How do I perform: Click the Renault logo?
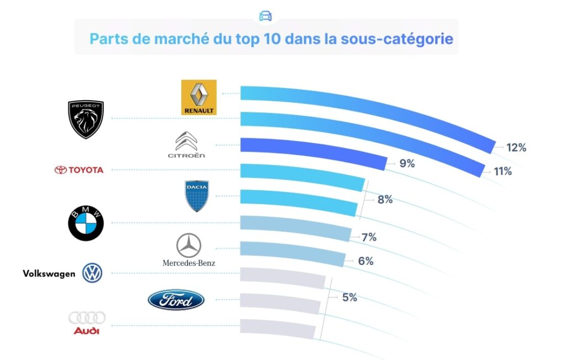pos(199,97)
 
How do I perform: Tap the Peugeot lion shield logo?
pos(86,119)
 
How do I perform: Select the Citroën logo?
pos(187,145)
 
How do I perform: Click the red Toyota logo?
pos(79,170)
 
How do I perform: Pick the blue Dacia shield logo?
pos(196,196)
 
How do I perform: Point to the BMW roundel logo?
pos(86,224)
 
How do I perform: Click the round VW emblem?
pos(92,273)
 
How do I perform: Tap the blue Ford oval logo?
pos(176,300)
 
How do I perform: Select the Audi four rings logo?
pos(87,323)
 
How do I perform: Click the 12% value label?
pos(516,148)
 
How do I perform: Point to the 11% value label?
pos(503,171)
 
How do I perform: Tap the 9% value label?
pos(407,164)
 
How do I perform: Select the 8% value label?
pos(385,200)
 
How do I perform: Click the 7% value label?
pos(369,237)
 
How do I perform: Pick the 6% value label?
pos(365,261)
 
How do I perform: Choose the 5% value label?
pos(349,298)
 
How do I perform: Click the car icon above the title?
pos(265,15)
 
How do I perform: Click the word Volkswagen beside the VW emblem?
pos(49,273)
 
